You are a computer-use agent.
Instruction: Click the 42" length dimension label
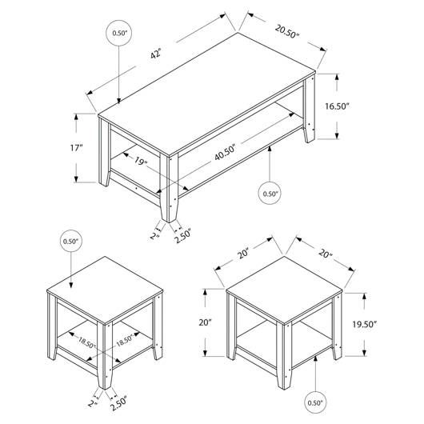coord(156,54)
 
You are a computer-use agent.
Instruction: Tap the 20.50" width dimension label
coord(287,31)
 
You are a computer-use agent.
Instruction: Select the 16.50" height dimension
coord(337,106)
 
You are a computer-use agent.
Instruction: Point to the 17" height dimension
coord(77,148)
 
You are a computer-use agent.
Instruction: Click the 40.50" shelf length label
coord(226,153)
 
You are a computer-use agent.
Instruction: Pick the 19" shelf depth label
coord(141,162)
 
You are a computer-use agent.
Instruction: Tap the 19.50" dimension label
coord(365,324)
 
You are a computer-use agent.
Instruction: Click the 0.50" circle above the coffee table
coord(119,33)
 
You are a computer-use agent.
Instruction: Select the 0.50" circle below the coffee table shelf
coord(270,194)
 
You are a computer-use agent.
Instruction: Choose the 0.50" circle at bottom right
coord(315,402)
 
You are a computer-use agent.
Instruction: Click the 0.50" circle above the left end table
coord(71,241)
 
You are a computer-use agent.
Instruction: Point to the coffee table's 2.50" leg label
coord(182,236)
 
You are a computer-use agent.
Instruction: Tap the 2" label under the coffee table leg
coord(154,236)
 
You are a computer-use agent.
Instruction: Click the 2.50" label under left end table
coord(118,404)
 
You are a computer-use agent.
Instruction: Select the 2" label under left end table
coord(93,403)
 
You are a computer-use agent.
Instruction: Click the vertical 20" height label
coord(206,322)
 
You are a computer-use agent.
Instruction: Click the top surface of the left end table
coord(105,290)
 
